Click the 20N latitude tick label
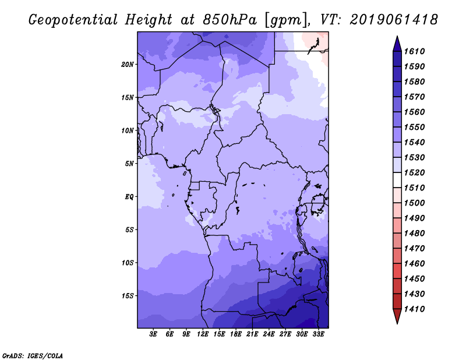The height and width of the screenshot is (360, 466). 128,65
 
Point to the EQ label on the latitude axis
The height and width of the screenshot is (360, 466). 129,197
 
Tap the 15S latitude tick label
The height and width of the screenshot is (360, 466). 128,296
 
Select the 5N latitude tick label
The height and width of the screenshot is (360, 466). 129,164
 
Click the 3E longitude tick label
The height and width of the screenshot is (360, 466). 153,334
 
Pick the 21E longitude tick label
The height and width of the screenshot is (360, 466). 252,334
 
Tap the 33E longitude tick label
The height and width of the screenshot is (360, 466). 318,334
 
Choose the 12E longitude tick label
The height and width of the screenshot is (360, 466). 203,334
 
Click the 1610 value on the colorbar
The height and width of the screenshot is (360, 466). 414,51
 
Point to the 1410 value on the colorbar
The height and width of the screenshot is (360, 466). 414,309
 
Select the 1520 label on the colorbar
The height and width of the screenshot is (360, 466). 414,172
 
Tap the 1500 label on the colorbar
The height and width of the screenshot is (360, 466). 414,203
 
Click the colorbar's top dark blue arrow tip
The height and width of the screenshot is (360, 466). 397,36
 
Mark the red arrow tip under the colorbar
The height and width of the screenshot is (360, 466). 397,323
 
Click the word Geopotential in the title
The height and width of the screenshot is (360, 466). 73,20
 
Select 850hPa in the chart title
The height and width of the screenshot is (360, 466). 230,20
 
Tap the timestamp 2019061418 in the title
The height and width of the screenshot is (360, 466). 394,20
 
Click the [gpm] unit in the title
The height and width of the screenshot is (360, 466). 287,20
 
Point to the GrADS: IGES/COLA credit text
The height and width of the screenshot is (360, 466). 33,356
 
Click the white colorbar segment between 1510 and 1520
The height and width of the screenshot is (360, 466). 397,180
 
